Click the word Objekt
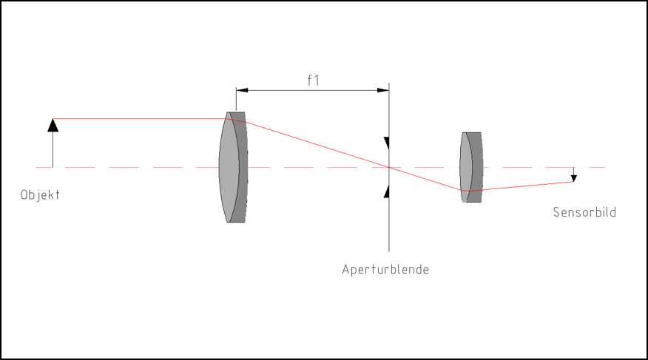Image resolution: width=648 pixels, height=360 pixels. click(x=40, y=195)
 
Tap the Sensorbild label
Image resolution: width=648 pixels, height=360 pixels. click(x=584, y=212)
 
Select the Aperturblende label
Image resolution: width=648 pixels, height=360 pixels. click(x=385, y=270)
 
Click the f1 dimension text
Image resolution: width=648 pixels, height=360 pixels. click(x=313, y=80)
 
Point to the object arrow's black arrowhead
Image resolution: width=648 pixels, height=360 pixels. click(x=53, y=126)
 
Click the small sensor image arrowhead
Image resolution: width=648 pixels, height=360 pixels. click(x=573, y=179)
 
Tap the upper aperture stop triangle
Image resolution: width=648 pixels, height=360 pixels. click(x=387, y=143)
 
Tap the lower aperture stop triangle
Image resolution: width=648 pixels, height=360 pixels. click(x=387, y=191)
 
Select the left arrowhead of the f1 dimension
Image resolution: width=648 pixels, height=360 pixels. click(x=242, y=90)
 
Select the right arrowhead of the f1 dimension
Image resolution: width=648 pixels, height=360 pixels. click(x=383, y=90)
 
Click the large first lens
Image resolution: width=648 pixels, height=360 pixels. click(x=234, y=167)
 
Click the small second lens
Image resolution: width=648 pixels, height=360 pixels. click(x=471, y=167)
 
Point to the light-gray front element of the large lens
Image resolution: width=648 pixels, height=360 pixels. click(x=229, y=167)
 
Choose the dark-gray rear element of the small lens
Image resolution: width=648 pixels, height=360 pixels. click(x=476, y=167)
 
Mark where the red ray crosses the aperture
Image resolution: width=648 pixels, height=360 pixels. click(x=389, y=167)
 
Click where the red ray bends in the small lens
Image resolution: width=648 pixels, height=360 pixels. click(x=465, y=191)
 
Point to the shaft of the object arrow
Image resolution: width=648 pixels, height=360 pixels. click(x=53, y=149)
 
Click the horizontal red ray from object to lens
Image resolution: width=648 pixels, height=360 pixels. click(x=140, y=119)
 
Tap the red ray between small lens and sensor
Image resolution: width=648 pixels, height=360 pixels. click(x=519, y=186)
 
